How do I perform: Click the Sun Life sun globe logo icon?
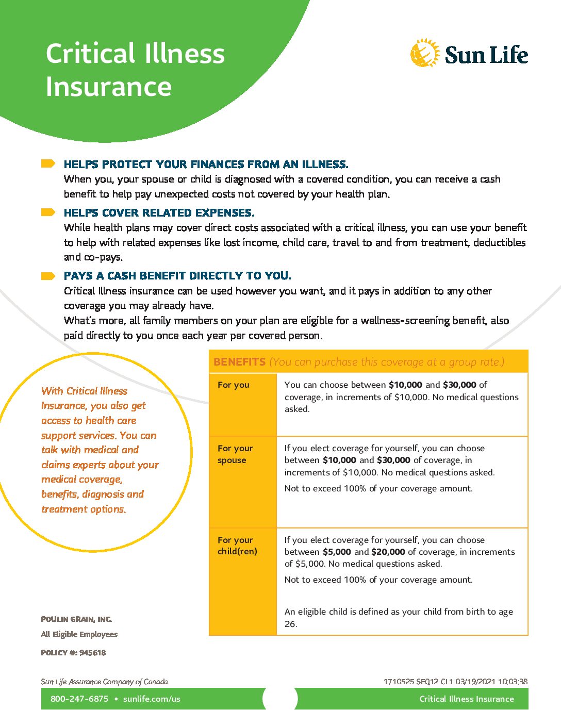click(x=425, y=53)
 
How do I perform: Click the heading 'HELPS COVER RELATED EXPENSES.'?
click(x=159, y=213)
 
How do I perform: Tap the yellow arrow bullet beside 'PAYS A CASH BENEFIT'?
click(x=48, y=276)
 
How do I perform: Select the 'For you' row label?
click(x=234, y=385)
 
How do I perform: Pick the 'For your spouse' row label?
click(x=235, y=454)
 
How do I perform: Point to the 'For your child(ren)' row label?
click(x=237, y=546)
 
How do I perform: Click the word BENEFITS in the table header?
click(x=240, y=362)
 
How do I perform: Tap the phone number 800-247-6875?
click(x=79, y=699)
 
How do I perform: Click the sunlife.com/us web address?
click(x=152, y=699)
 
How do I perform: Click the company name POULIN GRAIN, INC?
click(x=76, y=619)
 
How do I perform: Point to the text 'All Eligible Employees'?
click(x=79, y=634)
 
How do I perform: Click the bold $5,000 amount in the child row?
click(x=337, y=552)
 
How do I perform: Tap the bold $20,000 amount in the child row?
click(x=388, y=552)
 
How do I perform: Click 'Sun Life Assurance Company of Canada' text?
click(x=104, y=682)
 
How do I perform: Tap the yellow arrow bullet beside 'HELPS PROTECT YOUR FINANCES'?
click(x=48, y=164)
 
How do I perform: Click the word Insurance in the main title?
click(x=108, y=87)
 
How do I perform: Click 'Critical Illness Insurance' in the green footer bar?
click(x=467, y=699)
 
